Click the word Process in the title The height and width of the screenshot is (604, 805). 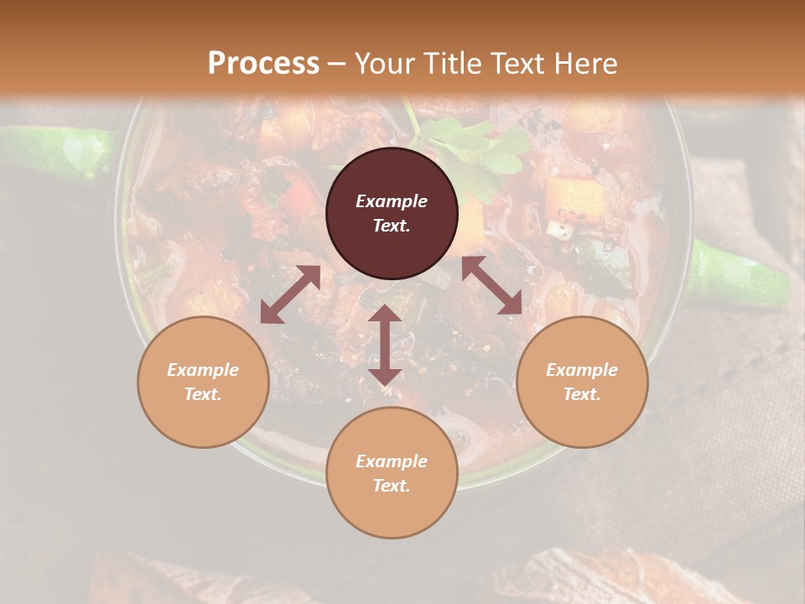tap(263, 64)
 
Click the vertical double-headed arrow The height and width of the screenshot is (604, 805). tap(385, 345)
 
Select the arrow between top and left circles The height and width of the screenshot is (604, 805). tap(290, 294)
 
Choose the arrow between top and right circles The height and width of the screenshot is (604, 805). tap(491, 286)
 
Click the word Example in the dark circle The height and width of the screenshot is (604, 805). tap(392, 201)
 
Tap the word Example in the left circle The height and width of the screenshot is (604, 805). tap(203, 370)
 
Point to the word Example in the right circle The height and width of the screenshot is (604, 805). tap(582, 370)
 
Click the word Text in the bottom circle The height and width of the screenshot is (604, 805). tap(392, 486)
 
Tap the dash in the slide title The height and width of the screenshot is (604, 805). tap(337, 64)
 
